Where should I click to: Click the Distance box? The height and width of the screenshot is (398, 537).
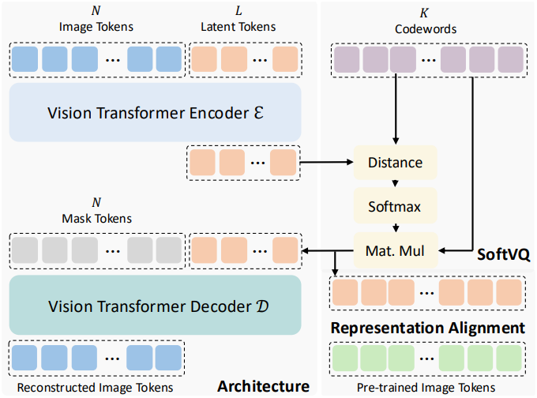(x=395, y=163)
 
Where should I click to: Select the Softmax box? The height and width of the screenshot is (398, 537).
(x=395, y=206)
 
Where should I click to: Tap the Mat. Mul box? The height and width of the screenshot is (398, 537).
(x=395, y=250)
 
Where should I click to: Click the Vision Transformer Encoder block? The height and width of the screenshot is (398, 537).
(x=155, y=112)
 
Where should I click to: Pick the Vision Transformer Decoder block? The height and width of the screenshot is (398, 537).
(x=155, y=305)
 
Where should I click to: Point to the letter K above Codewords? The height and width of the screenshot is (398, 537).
(x=424, y=13)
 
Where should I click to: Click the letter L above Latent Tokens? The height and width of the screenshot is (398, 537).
(x=238, y=11)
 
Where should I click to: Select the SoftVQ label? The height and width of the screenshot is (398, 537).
(x=504, y=254)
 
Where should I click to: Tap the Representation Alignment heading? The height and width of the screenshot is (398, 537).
(x=427, y=329)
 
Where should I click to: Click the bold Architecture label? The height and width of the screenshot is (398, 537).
(x=263, y=386)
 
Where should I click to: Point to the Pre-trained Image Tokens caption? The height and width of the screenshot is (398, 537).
(x=426, y=388)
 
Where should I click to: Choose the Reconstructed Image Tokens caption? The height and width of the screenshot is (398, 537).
(x=96, y=388)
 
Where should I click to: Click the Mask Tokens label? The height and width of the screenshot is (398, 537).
(x=97, y=219)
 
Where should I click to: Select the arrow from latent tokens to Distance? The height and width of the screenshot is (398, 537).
(x=327, y=162)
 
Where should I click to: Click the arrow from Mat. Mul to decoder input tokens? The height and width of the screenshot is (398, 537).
(x=328, y=251)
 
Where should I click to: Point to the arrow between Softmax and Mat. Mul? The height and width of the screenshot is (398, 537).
(x=396, y=227)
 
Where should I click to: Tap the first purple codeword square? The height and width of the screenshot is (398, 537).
(x=347, y=59)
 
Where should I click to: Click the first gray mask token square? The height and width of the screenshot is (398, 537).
(x=25, y=250)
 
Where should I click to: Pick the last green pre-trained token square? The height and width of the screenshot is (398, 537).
(x=509, y=359)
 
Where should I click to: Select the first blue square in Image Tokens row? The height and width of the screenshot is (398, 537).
(x=25, y=59)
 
